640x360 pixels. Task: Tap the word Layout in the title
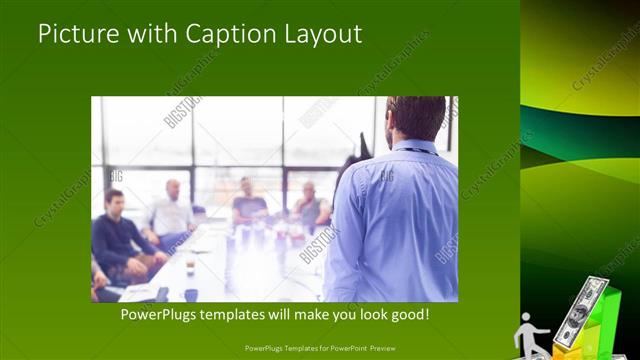pos(323,34)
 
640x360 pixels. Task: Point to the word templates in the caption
pos(255,314)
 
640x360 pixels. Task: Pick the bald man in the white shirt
pos(171,213)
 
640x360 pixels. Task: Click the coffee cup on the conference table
pos(190,294)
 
